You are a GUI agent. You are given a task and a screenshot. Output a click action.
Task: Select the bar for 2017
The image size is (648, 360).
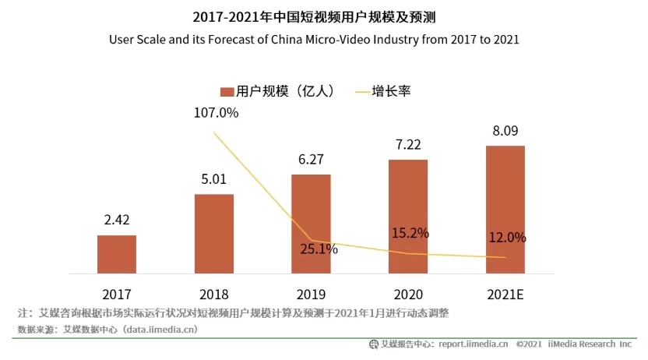click(117, 255)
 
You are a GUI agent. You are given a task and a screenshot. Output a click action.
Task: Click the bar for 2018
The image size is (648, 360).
click(214, 234)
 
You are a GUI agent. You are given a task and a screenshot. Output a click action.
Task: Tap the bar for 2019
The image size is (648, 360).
click(311, 224)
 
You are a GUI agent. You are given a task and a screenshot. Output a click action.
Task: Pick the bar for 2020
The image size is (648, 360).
click(408, 217)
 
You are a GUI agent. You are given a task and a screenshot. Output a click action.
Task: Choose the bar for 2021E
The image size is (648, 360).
click(505, 210)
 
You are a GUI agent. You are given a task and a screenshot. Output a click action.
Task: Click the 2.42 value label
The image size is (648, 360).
click(117, 221)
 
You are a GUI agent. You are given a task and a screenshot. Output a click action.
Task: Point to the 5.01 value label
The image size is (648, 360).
click(214, 179)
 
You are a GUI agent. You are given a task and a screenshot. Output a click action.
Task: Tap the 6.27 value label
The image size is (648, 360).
click(311, 160)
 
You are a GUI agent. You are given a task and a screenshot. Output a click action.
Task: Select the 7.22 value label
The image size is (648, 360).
click(408, 145)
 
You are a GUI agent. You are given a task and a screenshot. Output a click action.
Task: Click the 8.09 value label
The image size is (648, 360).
click(505, 131)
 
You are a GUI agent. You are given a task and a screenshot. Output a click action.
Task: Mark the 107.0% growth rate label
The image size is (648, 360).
click(217, 112)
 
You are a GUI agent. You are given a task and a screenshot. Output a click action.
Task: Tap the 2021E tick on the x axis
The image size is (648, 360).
click(505, 294)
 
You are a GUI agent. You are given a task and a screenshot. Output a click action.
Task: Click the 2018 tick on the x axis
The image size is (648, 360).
click(214, 294)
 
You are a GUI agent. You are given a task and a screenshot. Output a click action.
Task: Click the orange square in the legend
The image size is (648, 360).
click(227, 91)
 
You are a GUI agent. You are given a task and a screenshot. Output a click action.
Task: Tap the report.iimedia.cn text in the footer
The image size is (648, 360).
click(474, 344)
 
